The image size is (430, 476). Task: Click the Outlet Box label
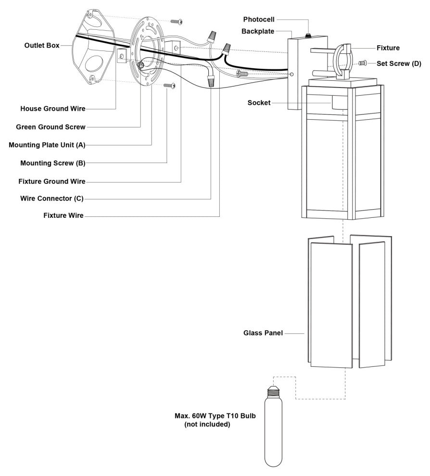pyautogui.click(x=41, y=46)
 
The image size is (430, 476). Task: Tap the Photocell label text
pyautogui.click(x=259, y=20)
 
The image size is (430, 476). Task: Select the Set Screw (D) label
pyautogui.click(x=399, y=63)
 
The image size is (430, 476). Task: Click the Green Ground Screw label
pyautogui.click(x=51, y=127)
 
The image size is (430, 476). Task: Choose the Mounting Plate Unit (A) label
pyautogui.click(x=47, y=145)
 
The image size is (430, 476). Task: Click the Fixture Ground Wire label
pyautogui.click(x=51, y=181)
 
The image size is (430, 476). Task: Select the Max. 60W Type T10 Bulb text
pyautogui.click(x=215, y=416)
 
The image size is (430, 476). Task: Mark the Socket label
pyautogui.click(x=259, y=103)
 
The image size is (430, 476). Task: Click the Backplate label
pyautogui.click(x=258, y=31)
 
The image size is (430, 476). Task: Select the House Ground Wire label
pyautogui.click(x=52, y=109)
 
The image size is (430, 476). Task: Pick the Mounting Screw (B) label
pyautogui.click(x=52, y=163)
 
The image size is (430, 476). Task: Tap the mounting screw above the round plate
pyautogui.click(x=177, y=22)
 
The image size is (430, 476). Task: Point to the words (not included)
pyautogui.click(x=207, y=425)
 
